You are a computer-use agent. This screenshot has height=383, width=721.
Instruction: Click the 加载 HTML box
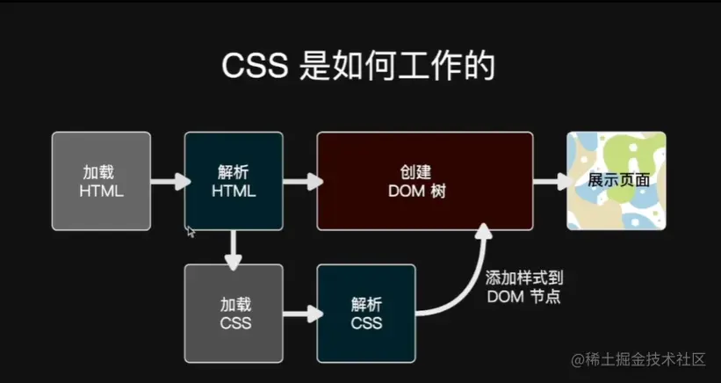(x=101, y=181)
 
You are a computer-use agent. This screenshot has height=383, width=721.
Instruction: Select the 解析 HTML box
(x=234, y=181)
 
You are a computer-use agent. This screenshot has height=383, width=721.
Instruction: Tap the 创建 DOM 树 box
(x=425, y=181)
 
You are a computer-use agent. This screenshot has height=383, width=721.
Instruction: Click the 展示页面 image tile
(x=616, y=181)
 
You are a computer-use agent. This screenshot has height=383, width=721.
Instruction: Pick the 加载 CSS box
(x=234, y=314)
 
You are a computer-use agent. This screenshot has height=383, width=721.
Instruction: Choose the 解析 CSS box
(x=366, y=314)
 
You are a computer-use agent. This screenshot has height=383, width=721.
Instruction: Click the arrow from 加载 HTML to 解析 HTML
(x=169, y=182)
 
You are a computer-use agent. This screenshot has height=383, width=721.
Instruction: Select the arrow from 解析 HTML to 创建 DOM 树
(x=301, y=182)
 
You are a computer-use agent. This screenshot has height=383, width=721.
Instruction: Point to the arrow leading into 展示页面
(x=551, y=182)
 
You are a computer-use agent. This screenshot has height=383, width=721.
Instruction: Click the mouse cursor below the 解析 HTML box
(x=191, y=231)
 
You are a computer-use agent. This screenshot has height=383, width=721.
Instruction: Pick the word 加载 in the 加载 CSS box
(x=234, y=304)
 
